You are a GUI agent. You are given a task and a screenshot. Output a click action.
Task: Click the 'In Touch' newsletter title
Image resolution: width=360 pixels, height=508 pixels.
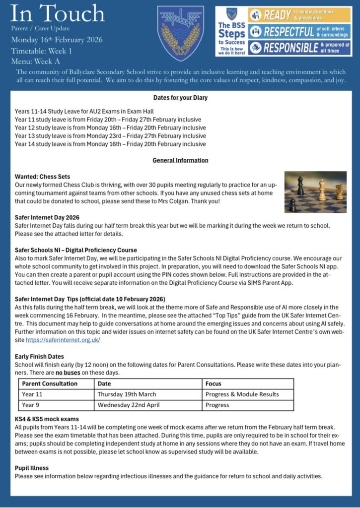58,13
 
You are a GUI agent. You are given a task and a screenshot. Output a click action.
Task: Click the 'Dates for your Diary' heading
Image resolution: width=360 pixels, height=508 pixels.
180,98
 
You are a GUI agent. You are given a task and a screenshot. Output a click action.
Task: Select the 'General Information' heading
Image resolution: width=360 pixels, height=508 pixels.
180,160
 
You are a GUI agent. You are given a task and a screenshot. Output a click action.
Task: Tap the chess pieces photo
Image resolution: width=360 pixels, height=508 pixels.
315,191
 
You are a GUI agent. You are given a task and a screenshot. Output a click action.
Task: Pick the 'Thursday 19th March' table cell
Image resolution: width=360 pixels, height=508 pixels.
127,394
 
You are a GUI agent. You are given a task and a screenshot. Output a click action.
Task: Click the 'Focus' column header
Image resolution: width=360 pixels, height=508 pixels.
214,383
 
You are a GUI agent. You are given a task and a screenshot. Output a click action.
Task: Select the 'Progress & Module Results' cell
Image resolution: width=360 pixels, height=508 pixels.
242,394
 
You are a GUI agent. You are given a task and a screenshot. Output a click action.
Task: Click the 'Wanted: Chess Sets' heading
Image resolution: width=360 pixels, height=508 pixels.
42,177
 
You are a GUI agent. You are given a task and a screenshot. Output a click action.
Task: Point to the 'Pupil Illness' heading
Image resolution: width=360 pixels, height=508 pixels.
32,468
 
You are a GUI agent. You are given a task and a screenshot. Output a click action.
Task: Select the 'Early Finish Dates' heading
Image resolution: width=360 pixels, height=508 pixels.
39,356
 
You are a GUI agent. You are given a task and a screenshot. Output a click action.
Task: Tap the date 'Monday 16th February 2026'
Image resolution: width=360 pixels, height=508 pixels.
57,40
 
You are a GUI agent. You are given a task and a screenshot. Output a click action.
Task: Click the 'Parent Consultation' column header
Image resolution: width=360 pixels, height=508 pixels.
50,383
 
